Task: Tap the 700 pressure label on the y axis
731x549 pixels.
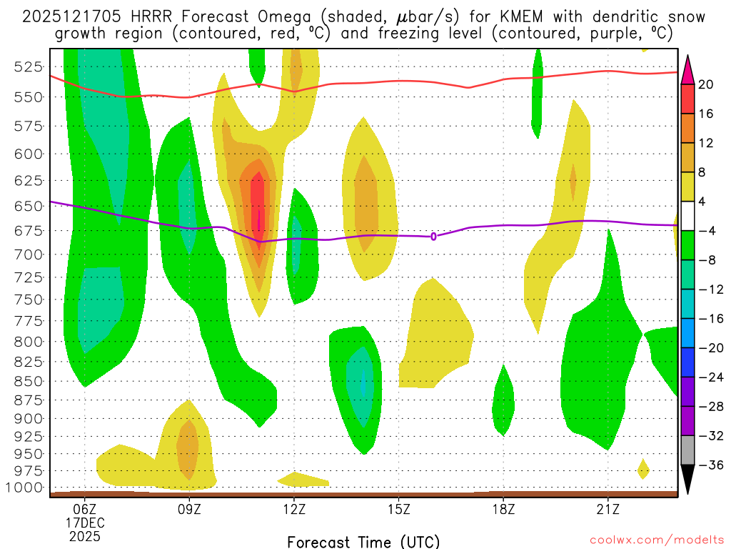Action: [x=29, y=254]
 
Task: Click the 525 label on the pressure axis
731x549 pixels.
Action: [x=29, y=66]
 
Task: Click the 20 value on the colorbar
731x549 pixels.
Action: [x=706, y=84]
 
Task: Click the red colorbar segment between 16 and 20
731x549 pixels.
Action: [x=687, y=99]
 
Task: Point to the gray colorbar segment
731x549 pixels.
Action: [x=687, y=450]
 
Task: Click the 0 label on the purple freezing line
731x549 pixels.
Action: [x=433, y=236]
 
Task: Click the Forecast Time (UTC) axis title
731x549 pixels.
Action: [x=364, y=541]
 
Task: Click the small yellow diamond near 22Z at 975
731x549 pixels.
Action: [x=643, y=469]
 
